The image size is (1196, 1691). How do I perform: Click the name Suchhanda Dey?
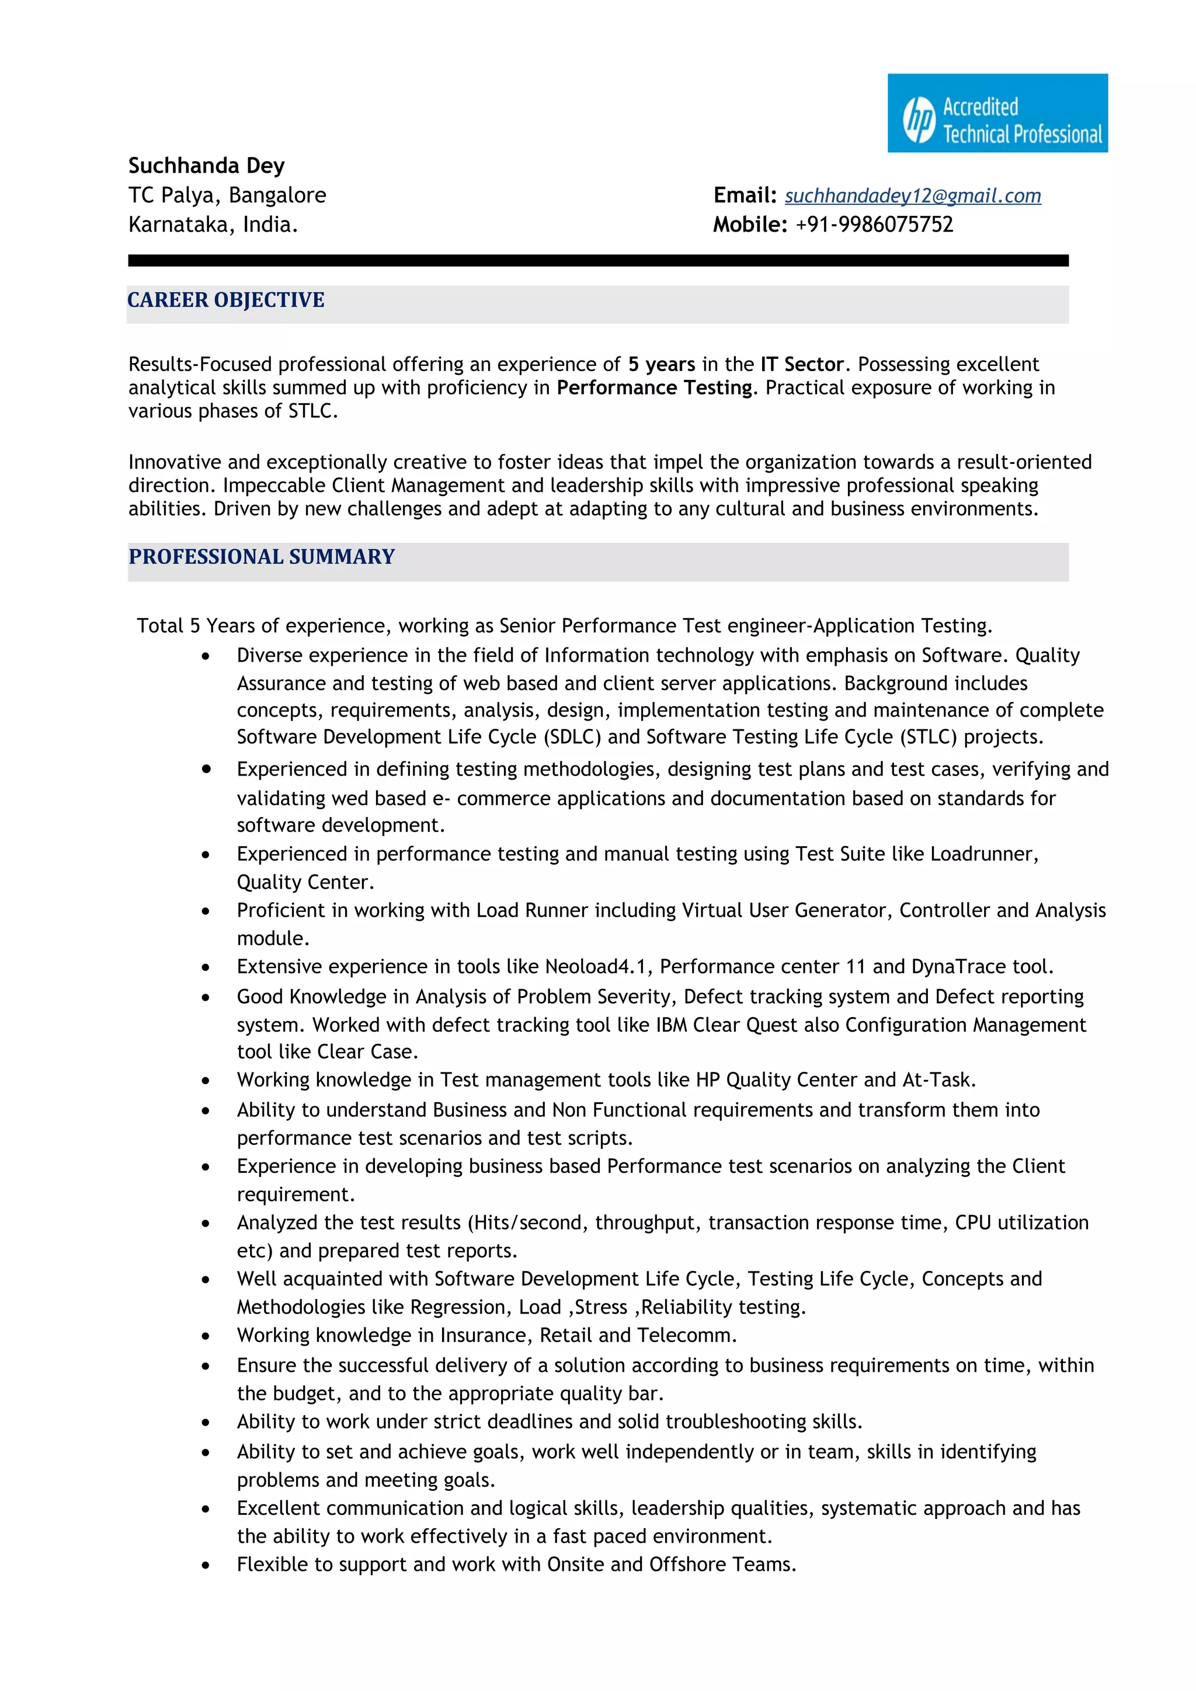tap(206, 166)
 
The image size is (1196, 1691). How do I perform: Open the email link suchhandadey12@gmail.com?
tap(912, 196)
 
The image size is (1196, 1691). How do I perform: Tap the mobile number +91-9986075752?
tap(874, 225)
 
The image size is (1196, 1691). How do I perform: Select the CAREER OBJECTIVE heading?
tap(225, 301)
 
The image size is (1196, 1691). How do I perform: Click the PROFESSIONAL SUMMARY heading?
tap(262, 557)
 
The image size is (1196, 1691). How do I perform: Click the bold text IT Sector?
tap(802, 365)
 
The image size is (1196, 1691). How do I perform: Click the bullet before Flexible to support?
tap(206, 1565)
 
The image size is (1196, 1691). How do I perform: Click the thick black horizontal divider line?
tap(597, 261)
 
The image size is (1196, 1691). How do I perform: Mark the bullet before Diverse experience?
tap(206, 656)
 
